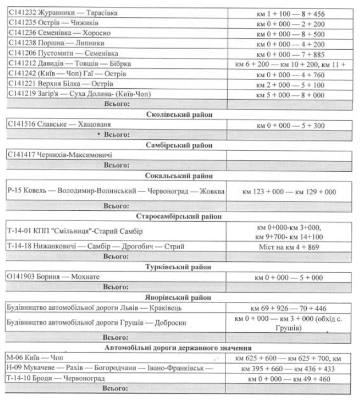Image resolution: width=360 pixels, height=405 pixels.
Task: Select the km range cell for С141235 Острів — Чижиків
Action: pos(292,22)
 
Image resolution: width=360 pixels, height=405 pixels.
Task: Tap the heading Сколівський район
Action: pos(179,115)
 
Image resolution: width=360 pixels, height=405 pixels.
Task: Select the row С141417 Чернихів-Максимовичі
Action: pos(60,155)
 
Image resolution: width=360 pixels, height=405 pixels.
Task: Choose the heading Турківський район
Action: pos(179,267)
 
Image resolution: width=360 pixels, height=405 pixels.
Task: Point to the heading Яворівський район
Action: pos(179,297)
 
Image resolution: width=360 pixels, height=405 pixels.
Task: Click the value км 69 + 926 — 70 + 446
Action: pos(292,308)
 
